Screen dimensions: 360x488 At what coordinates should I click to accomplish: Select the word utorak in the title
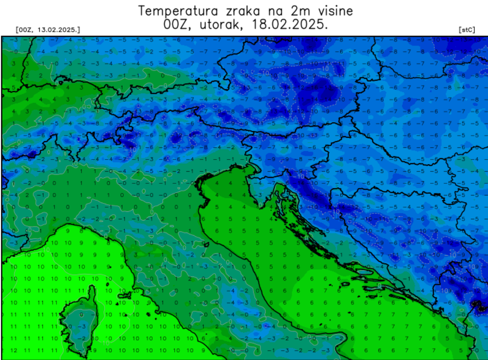coord(223,25)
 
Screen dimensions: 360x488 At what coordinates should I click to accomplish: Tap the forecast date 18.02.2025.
coord(291,25)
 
